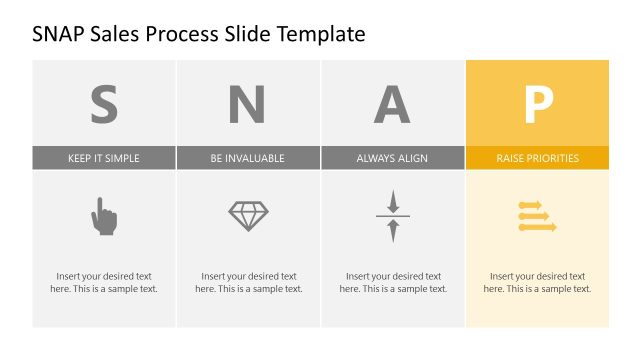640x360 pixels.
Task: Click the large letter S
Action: (104, 103)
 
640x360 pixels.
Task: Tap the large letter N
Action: (248, 103)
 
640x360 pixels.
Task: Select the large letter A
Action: (392, 103)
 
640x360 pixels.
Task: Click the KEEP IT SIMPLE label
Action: (104, 158)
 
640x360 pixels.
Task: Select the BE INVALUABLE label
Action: (248, 158)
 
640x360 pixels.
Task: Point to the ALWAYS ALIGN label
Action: (392, 158)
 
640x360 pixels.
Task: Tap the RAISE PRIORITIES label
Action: (537, 158)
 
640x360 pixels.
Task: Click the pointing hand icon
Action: (104, 216)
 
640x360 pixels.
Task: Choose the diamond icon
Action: (248, 216)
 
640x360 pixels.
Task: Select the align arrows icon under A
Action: (392, 216)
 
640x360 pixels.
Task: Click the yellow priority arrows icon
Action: (537, 216)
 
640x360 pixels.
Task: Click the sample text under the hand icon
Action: (104, 282)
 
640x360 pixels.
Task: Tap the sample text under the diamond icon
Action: (248, 282)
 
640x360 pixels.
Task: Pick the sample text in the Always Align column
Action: (392, 282)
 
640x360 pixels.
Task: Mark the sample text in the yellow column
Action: (537, 282)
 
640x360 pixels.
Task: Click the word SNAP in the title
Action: (61, 35)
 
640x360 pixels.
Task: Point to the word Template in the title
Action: (318, 35)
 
